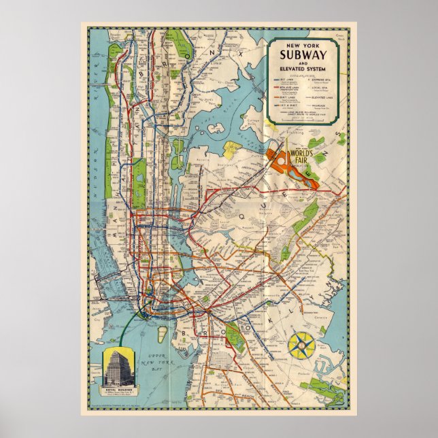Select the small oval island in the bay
(x=163, y=334)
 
